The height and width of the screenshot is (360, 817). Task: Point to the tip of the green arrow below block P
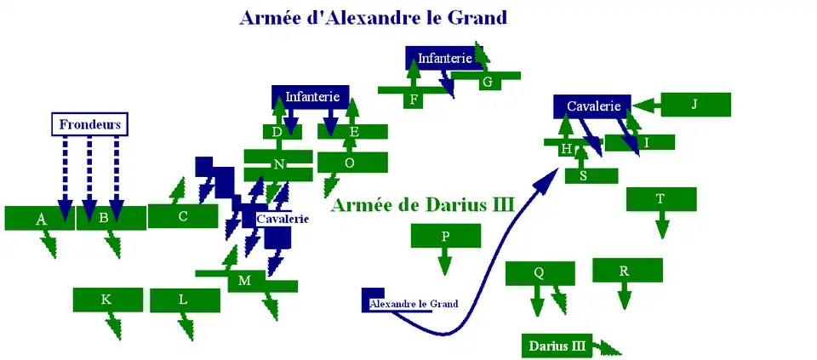coord(444,276)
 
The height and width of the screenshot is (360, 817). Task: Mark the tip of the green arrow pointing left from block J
coord(632,106)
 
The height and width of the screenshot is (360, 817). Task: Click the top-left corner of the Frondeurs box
coord(52,112)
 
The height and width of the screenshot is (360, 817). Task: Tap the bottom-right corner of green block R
coord(663,283)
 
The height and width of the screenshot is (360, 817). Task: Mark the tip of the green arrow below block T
coord(662,238)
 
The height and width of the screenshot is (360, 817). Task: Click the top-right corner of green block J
coord(730,93)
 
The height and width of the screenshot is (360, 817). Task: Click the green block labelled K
coord(108,300)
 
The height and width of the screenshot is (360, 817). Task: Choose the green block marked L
coord(185,300)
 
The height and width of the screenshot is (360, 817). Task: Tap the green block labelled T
coord(661,199)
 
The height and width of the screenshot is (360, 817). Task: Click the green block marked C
coord(183,216)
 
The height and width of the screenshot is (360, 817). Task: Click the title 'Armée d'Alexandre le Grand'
coord(373,18)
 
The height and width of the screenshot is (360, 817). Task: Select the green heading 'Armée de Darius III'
coord(423,205)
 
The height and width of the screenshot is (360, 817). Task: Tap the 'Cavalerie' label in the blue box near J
coord(594,106)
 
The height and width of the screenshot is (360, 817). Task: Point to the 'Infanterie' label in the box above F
coord(444,59)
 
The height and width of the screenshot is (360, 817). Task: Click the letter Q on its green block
coord(540,272)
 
